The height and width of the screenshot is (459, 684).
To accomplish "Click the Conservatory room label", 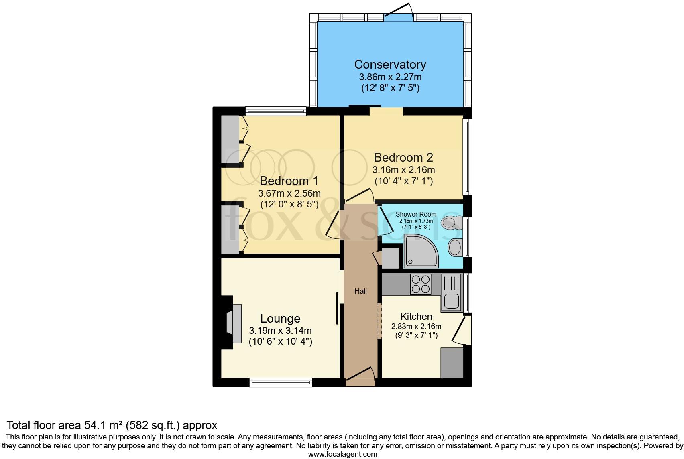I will pos(390,64).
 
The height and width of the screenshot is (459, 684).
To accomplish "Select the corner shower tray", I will pos(421,252).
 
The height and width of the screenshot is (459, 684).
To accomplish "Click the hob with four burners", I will pos(420,284).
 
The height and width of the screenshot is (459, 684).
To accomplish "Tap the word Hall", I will pos(360,291).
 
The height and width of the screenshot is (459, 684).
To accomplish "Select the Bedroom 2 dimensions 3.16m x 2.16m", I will pos(403,170).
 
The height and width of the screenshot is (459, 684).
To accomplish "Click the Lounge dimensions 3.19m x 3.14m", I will pos(280,331).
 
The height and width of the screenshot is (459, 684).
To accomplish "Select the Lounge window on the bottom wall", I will pos(281,382).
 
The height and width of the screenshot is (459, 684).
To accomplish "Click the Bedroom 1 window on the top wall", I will pos(275,111).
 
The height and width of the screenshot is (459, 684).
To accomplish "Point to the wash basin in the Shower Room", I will pos(455,247).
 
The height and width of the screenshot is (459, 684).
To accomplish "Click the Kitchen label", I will pos(416,317).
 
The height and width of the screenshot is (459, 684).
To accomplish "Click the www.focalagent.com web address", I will pos(342,454).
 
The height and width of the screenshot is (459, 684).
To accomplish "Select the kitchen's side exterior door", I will pos(462,329).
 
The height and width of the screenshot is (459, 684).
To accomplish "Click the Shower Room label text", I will pos(416,214).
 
